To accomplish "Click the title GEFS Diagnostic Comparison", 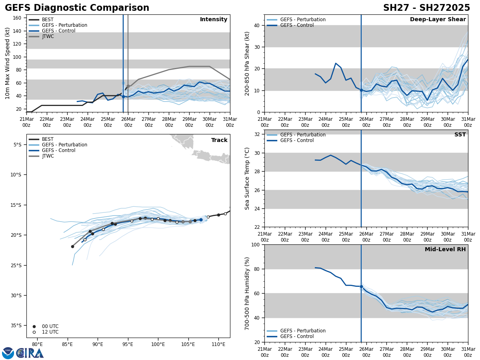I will coord(77,8).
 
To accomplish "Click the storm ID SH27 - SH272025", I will coord(426,8).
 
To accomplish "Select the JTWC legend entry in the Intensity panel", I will coord(48,36).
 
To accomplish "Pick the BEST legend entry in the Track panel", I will coord(48,139).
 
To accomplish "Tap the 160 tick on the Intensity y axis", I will coord(17,18).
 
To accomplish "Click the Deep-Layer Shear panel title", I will coord(438,20).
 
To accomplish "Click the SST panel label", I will coord(460,135).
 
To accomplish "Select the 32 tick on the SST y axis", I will coord(258,134).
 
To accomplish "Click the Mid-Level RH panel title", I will coord(445,250).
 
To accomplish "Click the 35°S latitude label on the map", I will coord(16,326).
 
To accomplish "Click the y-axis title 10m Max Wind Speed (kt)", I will coord(8,63).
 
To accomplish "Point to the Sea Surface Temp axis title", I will coord(248,178).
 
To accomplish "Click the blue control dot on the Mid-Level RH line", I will coord(361,286).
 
